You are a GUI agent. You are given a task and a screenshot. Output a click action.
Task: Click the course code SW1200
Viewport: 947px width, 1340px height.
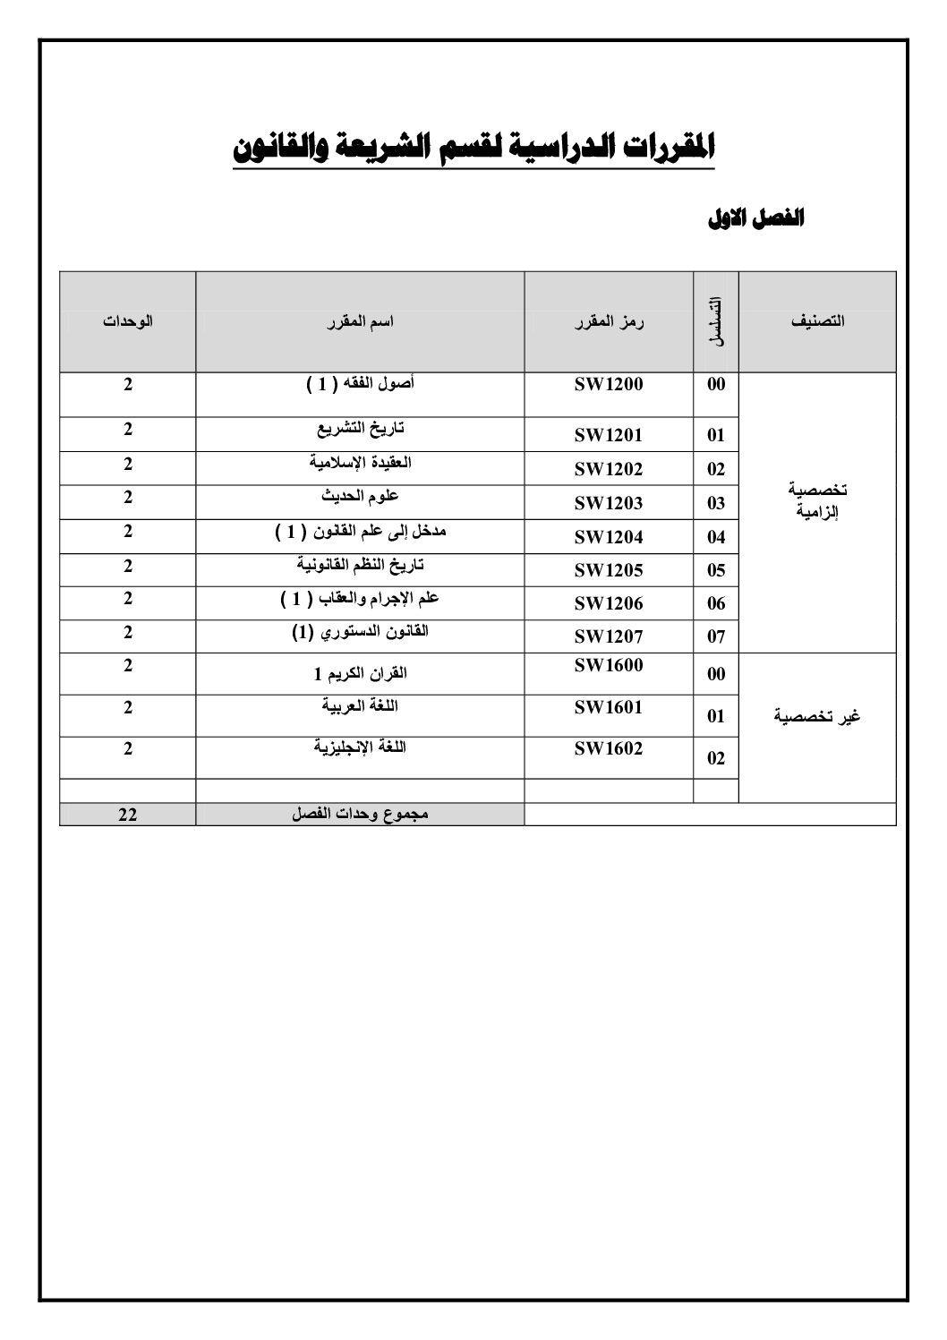pos(609,385)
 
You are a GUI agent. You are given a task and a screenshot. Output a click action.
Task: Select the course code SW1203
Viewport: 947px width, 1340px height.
pos(609,503)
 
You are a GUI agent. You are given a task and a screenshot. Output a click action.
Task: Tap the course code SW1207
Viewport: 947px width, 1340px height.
pos(609,636)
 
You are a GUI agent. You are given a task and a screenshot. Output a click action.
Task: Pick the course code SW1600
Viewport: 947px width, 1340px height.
pos(609,665)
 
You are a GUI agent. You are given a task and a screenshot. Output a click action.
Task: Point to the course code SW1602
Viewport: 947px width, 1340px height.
pos(609,749)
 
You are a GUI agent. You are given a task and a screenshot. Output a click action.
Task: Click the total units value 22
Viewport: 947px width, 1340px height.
pos(127,815)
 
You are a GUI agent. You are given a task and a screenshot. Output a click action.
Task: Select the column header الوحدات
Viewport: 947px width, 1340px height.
pos(127,321)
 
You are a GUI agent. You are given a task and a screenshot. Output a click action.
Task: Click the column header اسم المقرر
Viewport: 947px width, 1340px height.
pos(360,321)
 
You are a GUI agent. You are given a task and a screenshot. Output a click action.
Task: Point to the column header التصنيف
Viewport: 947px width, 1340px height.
pos(817,321)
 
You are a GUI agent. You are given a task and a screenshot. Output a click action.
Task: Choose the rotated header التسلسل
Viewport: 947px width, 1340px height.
pos(716,321)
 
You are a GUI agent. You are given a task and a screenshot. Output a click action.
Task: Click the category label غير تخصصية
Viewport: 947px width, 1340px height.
pos(817,717)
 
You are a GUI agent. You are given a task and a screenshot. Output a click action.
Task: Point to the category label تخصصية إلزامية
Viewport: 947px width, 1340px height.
pos(817,502)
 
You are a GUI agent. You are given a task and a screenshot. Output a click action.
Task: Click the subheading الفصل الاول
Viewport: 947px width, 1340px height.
pos(755,218)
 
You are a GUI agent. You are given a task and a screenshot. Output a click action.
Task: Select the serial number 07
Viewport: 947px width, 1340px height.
pos(716,637)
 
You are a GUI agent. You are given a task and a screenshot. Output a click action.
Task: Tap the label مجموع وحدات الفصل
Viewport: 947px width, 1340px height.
pos(360,815)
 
